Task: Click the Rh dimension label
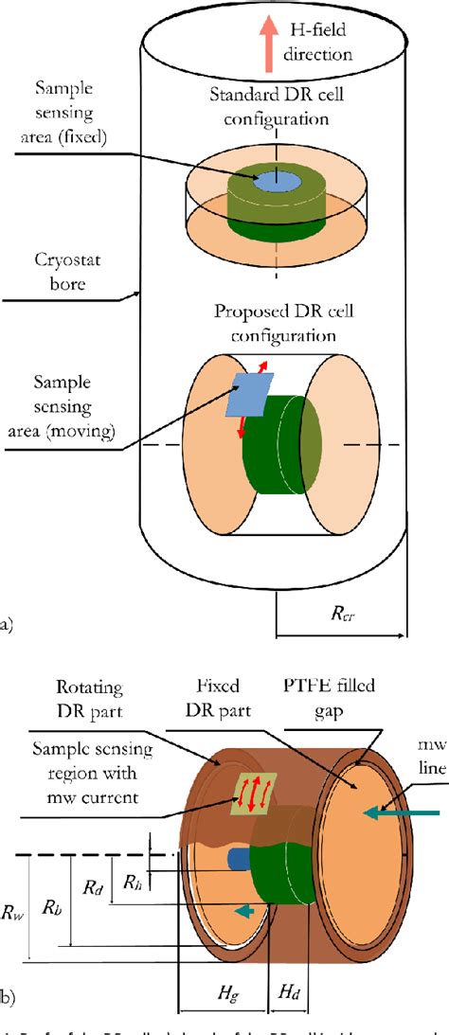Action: (133, 882)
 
